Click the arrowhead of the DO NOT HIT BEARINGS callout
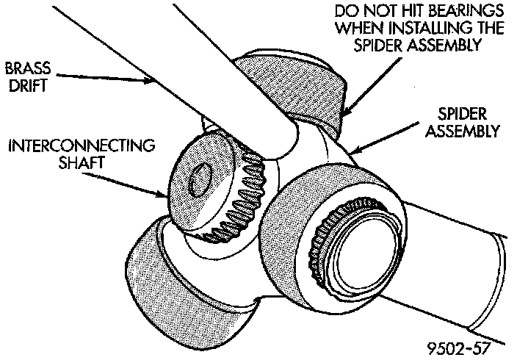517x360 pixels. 344,112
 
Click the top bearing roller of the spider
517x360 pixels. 294,81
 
